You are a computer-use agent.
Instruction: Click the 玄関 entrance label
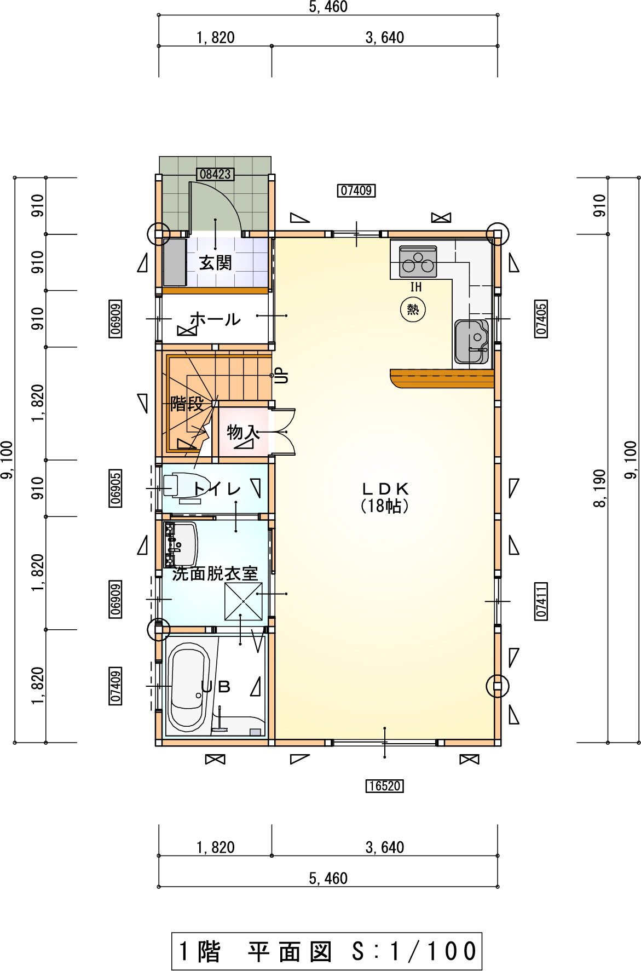(x=215, y=263)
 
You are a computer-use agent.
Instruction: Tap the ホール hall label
(x=215, y=319)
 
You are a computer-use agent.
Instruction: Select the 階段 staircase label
(x=187, y=404)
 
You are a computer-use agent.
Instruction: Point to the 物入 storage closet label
(x=242, y=432)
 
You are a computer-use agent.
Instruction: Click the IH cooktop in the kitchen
(x=418, y=262)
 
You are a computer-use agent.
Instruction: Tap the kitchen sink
(x=471, y=342)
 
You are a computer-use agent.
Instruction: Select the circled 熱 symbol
(x=413, y=309)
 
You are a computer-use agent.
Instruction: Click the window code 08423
(x=215, y=174)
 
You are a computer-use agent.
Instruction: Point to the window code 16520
(x=385, y=786)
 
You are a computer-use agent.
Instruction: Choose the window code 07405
(x=541, y=319)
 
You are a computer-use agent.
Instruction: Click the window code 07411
(x=541, y=601)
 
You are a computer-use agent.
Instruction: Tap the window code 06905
(x=116, y=488)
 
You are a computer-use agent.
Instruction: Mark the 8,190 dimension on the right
(x=600, y=488)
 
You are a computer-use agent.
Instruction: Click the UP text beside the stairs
(x=282, y=376)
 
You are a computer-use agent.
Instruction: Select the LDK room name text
(x=385, y=489)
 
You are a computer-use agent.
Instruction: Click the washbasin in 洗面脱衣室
(x=181, y=545)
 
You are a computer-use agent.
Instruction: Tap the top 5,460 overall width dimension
(x=328, y=7)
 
